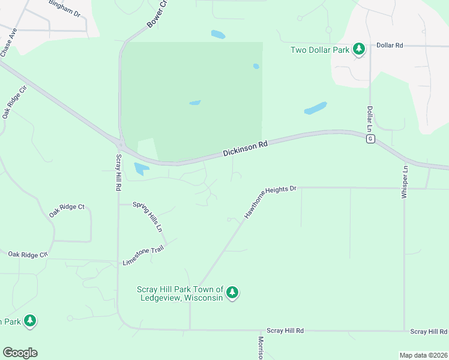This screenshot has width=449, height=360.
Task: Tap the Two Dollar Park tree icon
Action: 359,49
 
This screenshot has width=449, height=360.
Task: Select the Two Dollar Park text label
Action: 320,50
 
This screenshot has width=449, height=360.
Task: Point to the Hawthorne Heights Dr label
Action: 270,201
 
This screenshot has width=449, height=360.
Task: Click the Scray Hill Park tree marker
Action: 232,293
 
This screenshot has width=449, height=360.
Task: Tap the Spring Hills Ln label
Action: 147,217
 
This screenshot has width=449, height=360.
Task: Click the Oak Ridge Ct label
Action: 67,207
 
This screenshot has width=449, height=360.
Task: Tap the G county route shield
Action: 370,139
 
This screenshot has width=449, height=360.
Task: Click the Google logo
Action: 20,353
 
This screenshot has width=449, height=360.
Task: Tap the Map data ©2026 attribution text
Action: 423,355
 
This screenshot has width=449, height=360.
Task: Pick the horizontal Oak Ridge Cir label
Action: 27,255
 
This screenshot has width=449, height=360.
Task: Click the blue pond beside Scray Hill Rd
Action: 141,169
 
